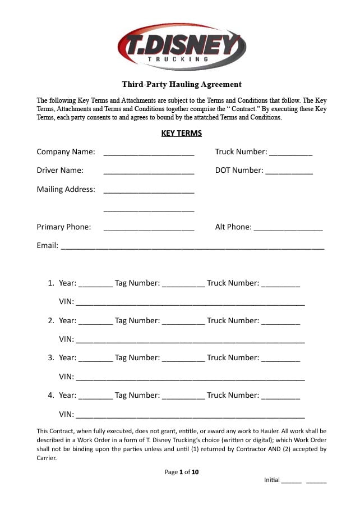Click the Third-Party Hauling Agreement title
[182, 85]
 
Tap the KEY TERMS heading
[181, 134]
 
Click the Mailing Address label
[66, 190]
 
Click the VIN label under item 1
[66, 302]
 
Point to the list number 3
[50, 358]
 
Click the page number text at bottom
[182, 472]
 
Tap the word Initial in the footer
[271, 480]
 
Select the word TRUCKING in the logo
[178, 58]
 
